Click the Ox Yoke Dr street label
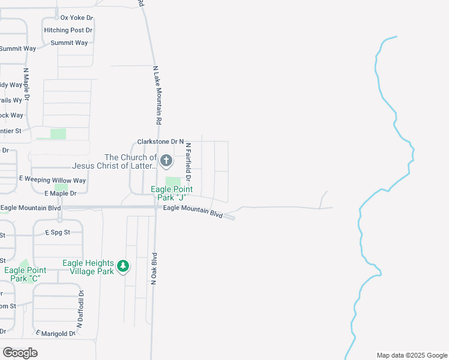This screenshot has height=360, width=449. (x=77, y=17)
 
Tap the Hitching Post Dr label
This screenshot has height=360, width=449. (x=68, y=30)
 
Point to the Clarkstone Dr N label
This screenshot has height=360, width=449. (x=160, y=142)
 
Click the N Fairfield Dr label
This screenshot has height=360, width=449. (x=187, y=162)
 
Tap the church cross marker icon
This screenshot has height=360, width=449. (x=166, y=161)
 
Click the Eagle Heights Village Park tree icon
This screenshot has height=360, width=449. (x=123, y=266)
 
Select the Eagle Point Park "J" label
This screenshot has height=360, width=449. (x=170, y=193)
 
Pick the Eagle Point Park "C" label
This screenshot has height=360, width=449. (x=25, y=274)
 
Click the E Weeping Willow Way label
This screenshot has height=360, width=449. (x=53, y=180)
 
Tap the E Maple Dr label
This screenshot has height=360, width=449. (x=60, y=193)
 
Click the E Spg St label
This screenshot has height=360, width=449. (x=58, y=232)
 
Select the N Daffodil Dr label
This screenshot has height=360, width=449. (x=80, y=309)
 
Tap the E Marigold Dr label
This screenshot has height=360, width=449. (x=56, y=333)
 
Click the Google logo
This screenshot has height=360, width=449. (x=20, y=353)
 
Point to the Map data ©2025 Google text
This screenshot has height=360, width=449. (x=411, y=355)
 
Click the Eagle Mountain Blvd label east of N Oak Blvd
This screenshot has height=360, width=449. (x=193, y=211)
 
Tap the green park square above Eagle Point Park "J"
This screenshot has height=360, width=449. (x=173, y=182)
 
